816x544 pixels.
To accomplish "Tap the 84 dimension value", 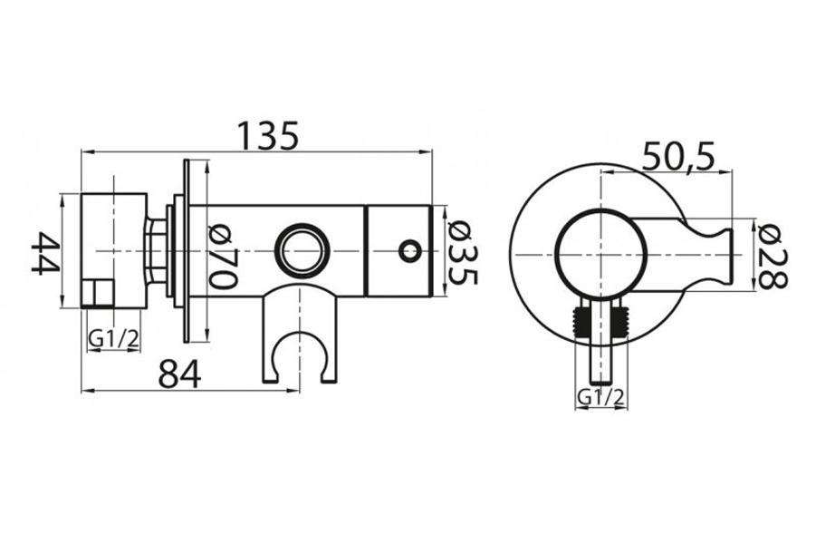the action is (179, 374).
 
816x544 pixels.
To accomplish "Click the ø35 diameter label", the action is (462, 253).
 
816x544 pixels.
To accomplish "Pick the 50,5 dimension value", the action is (678, 155).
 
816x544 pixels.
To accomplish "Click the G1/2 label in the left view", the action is (113, 339).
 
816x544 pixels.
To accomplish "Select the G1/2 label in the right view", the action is (600, 398).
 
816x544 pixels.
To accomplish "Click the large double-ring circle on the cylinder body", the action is (302, 249).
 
